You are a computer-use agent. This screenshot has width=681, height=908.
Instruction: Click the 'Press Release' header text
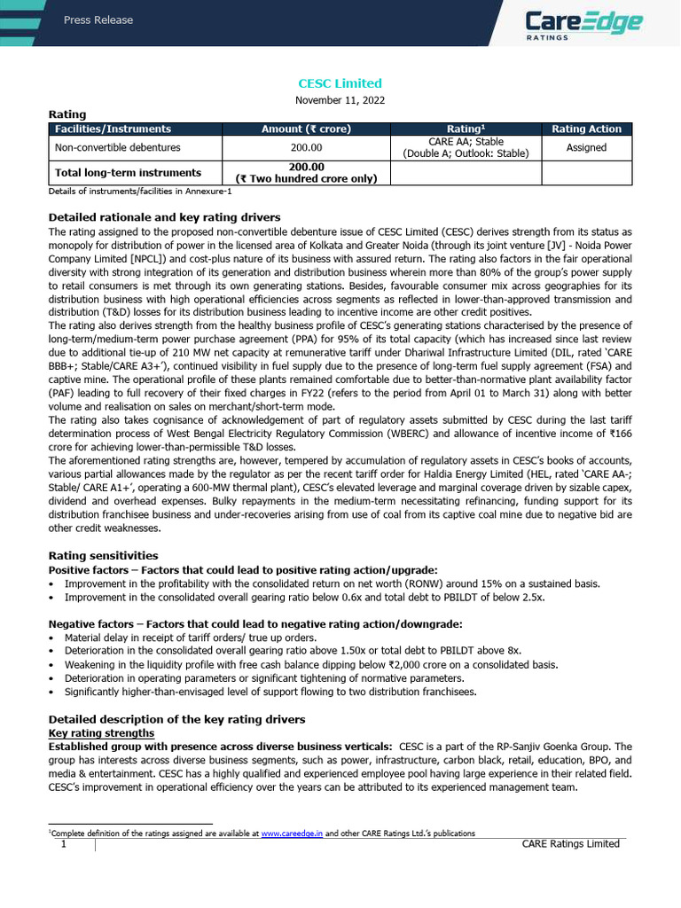[x=98, y=20]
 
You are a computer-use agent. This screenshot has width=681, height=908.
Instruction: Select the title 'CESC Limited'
[x=340, y=83]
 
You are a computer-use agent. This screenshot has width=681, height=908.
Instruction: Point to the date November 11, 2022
[x=340, y=100]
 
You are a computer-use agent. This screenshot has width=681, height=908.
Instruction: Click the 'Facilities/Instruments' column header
[x=113, y=129]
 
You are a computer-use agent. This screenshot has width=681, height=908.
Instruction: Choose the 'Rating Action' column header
[x=586, y=129]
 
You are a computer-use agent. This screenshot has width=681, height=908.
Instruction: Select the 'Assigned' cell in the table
[x=586, y=148]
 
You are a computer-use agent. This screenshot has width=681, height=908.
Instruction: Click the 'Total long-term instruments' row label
[x=128, y=173]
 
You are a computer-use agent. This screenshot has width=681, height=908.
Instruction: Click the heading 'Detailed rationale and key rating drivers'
[x=164, y=217]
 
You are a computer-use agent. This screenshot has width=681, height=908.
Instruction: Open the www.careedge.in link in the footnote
[x=292, y=834]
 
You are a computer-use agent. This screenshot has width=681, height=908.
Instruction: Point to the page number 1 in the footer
[x=64, y=844]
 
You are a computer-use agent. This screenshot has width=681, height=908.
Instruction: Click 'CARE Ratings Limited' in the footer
[x=571, y=844]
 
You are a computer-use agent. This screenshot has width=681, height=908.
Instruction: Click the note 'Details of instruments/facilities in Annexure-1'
[x=140, y=191]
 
